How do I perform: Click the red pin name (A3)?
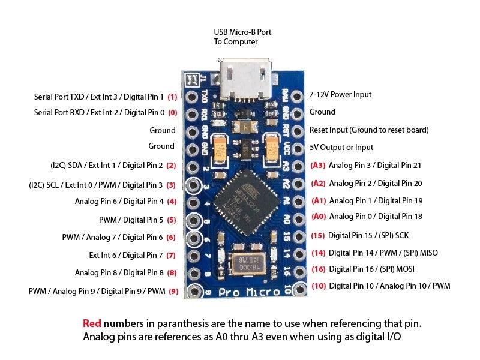[318, 165]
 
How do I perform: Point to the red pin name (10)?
[319, 286]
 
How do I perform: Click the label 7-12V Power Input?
[340, 95]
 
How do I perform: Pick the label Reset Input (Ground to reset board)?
[369, 130]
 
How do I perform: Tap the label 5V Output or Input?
[341, 147]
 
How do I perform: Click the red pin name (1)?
[172, 97]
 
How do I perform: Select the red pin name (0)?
[172, 112]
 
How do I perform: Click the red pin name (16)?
[319, 269]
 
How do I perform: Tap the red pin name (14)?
[319, 253]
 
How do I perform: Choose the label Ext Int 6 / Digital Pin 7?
[126, 255]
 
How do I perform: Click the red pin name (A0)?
[319, 217]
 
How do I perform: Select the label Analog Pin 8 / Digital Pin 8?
[119, 272]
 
